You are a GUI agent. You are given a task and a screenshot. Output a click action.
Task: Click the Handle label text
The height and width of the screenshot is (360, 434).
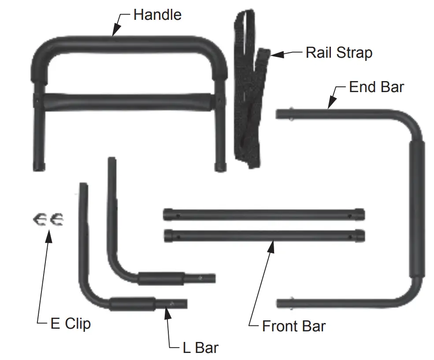[157, 15]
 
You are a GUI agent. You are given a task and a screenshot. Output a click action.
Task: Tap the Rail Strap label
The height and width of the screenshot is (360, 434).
[339, 53]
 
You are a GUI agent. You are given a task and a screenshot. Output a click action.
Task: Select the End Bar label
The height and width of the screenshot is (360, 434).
[376, 87]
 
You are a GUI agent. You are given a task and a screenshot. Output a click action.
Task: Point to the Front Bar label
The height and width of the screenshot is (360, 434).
[293, 327]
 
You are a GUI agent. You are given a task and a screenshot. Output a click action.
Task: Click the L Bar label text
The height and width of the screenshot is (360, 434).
[200, 348]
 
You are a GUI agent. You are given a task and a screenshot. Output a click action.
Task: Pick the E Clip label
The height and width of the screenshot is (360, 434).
[70, 324]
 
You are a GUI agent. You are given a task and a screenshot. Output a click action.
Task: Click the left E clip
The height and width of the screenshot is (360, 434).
[39, 219]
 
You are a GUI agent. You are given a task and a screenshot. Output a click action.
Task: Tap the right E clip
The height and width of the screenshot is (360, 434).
[56, 219]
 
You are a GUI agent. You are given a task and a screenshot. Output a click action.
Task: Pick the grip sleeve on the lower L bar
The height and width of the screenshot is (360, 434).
[132, 304]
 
